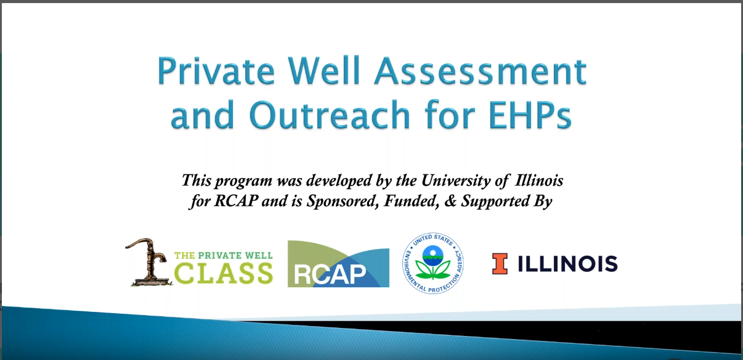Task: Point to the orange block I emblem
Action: [500, 264]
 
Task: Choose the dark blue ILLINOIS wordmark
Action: [567, 264]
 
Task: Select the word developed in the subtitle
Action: [303, 181]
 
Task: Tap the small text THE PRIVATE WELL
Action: [223, 255]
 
